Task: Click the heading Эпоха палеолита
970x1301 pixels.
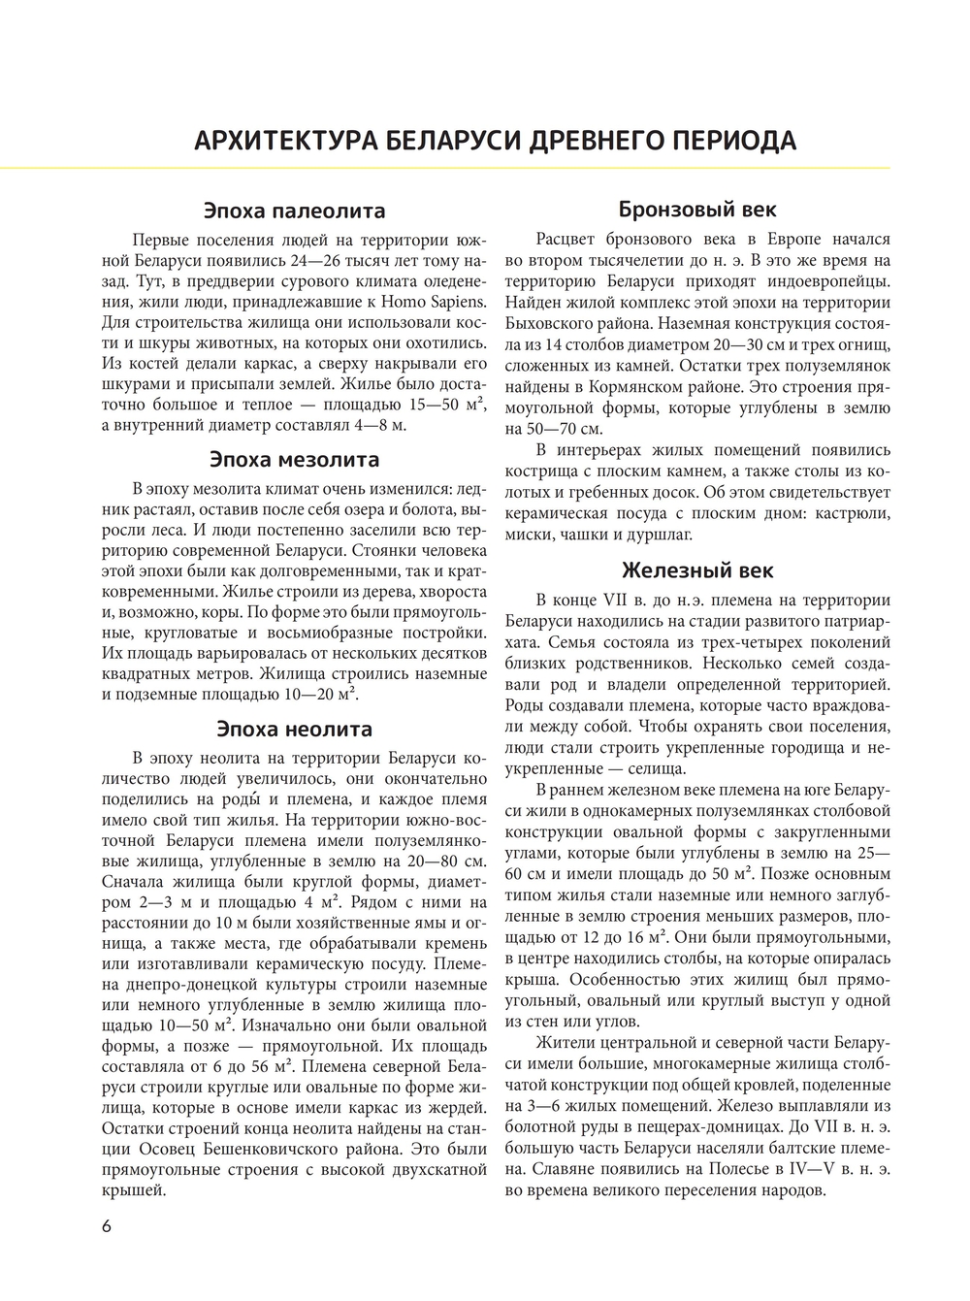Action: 294,211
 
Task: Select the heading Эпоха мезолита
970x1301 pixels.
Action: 294,459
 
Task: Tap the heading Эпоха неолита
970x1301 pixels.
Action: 294,729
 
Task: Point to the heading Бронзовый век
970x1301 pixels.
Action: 696,210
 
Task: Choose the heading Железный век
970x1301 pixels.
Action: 696,570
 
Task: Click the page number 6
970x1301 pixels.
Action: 107,1225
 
